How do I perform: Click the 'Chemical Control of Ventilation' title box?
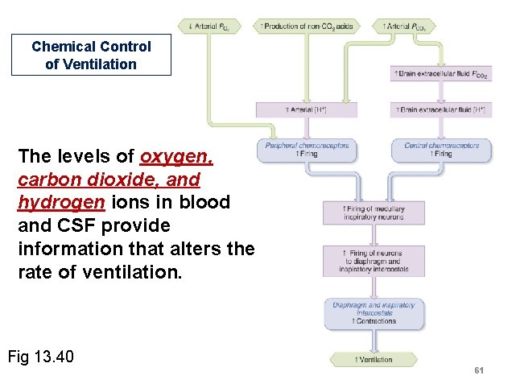91,56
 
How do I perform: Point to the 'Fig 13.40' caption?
40,355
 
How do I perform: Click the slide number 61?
479,369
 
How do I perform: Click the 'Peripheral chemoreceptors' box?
307,149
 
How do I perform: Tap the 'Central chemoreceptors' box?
441,149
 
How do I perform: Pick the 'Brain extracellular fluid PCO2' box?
441,74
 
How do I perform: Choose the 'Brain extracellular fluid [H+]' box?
441,109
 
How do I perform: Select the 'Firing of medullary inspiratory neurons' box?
374,213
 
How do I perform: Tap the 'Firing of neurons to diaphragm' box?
374,261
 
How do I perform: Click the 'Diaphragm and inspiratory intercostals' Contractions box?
374,313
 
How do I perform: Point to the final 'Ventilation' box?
374,359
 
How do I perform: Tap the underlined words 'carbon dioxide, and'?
109,178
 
